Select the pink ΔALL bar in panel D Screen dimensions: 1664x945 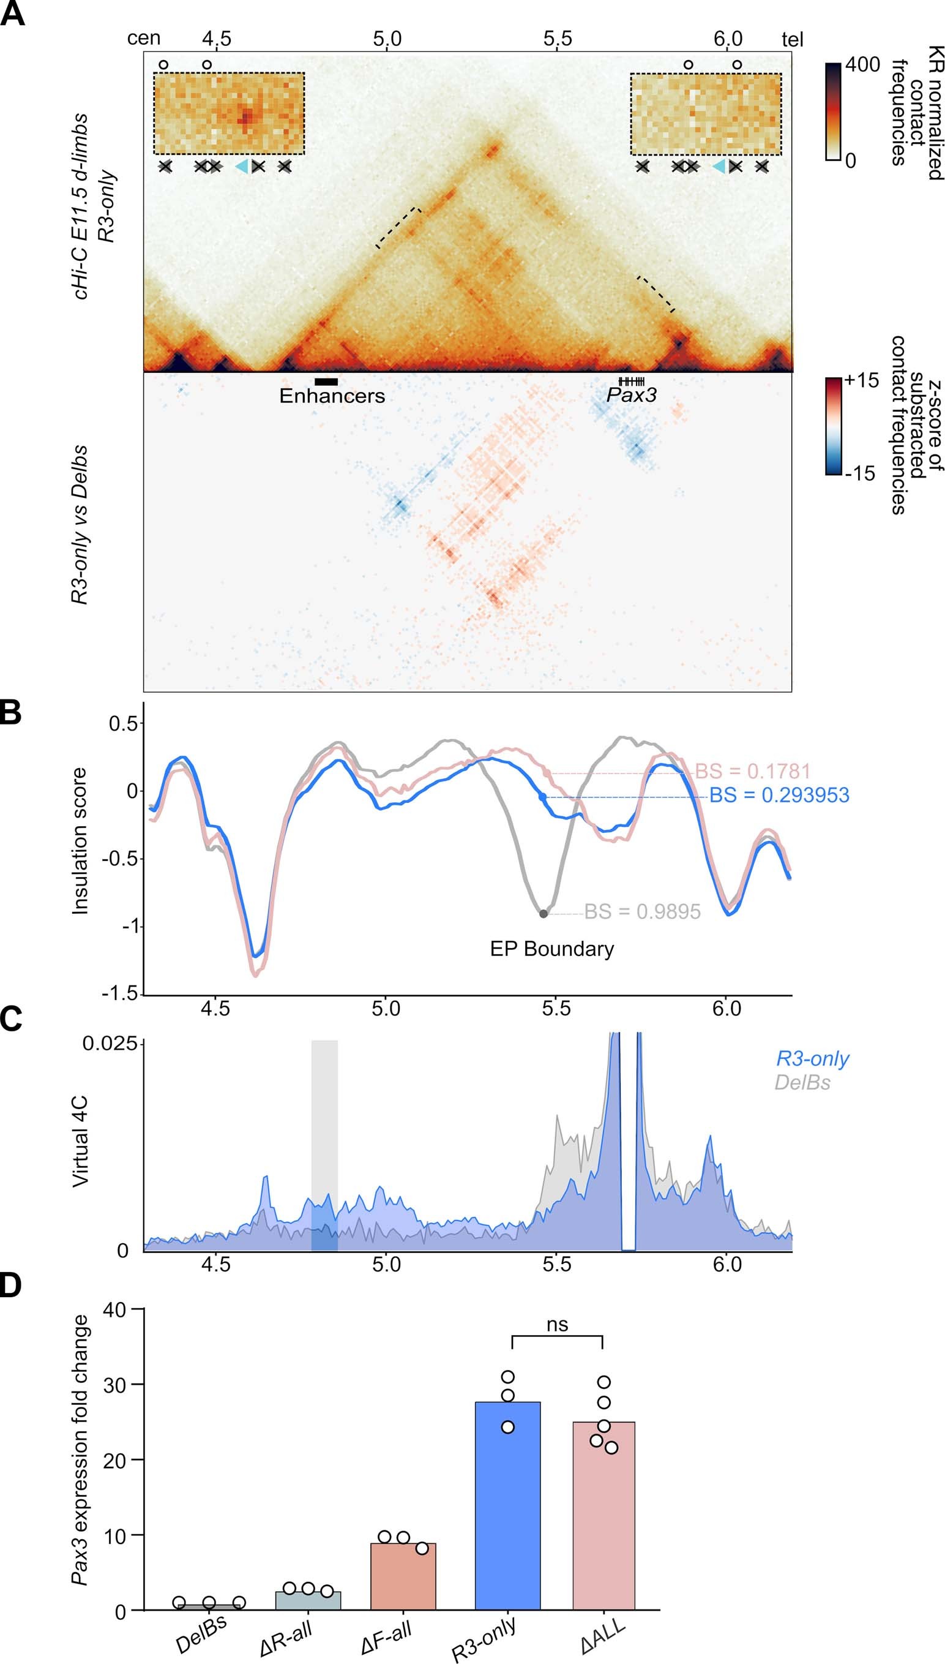point(603,1515)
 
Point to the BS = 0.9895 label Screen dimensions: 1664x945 point(642,911)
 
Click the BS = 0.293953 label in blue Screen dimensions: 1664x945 point(779,796)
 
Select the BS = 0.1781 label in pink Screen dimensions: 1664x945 point(752,771)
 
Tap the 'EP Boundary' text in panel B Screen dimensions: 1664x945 point(551,949)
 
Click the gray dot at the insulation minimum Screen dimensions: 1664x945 point(543,914)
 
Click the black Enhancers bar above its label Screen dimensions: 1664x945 point(326,382)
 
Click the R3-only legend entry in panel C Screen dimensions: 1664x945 point(813,1059)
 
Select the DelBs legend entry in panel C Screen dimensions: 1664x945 point(802,1082)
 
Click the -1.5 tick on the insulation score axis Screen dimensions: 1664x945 point(119,994)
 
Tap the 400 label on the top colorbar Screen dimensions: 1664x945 point(862,65)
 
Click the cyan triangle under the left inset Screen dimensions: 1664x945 point(241,167)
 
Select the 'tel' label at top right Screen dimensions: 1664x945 point(792,40)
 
